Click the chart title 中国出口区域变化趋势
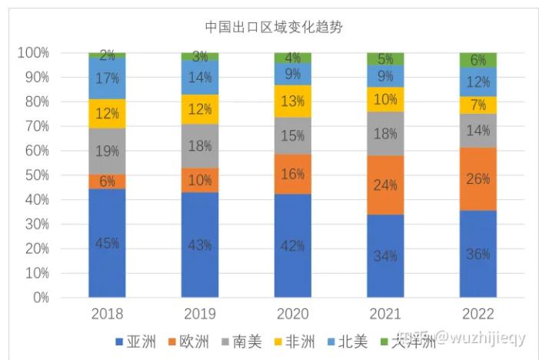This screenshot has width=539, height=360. (273, 27)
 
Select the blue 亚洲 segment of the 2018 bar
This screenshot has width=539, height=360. (107, 242)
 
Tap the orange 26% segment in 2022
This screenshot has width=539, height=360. (477, 178)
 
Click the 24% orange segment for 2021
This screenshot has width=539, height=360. (385, 185)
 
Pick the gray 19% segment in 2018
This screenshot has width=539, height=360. (107, 152)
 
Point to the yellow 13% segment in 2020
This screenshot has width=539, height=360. (292, 101)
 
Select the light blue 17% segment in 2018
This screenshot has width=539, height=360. (107, 78)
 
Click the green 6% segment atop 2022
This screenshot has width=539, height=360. (477, 60)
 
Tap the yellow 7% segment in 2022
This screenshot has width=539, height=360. (477, 105)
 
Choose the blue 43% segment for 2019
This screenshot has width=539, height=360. (200, 245)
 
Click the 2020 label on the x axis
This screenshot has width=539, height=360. (292, 314)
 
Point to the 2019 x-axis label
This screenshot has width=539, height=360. (200, 314)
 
